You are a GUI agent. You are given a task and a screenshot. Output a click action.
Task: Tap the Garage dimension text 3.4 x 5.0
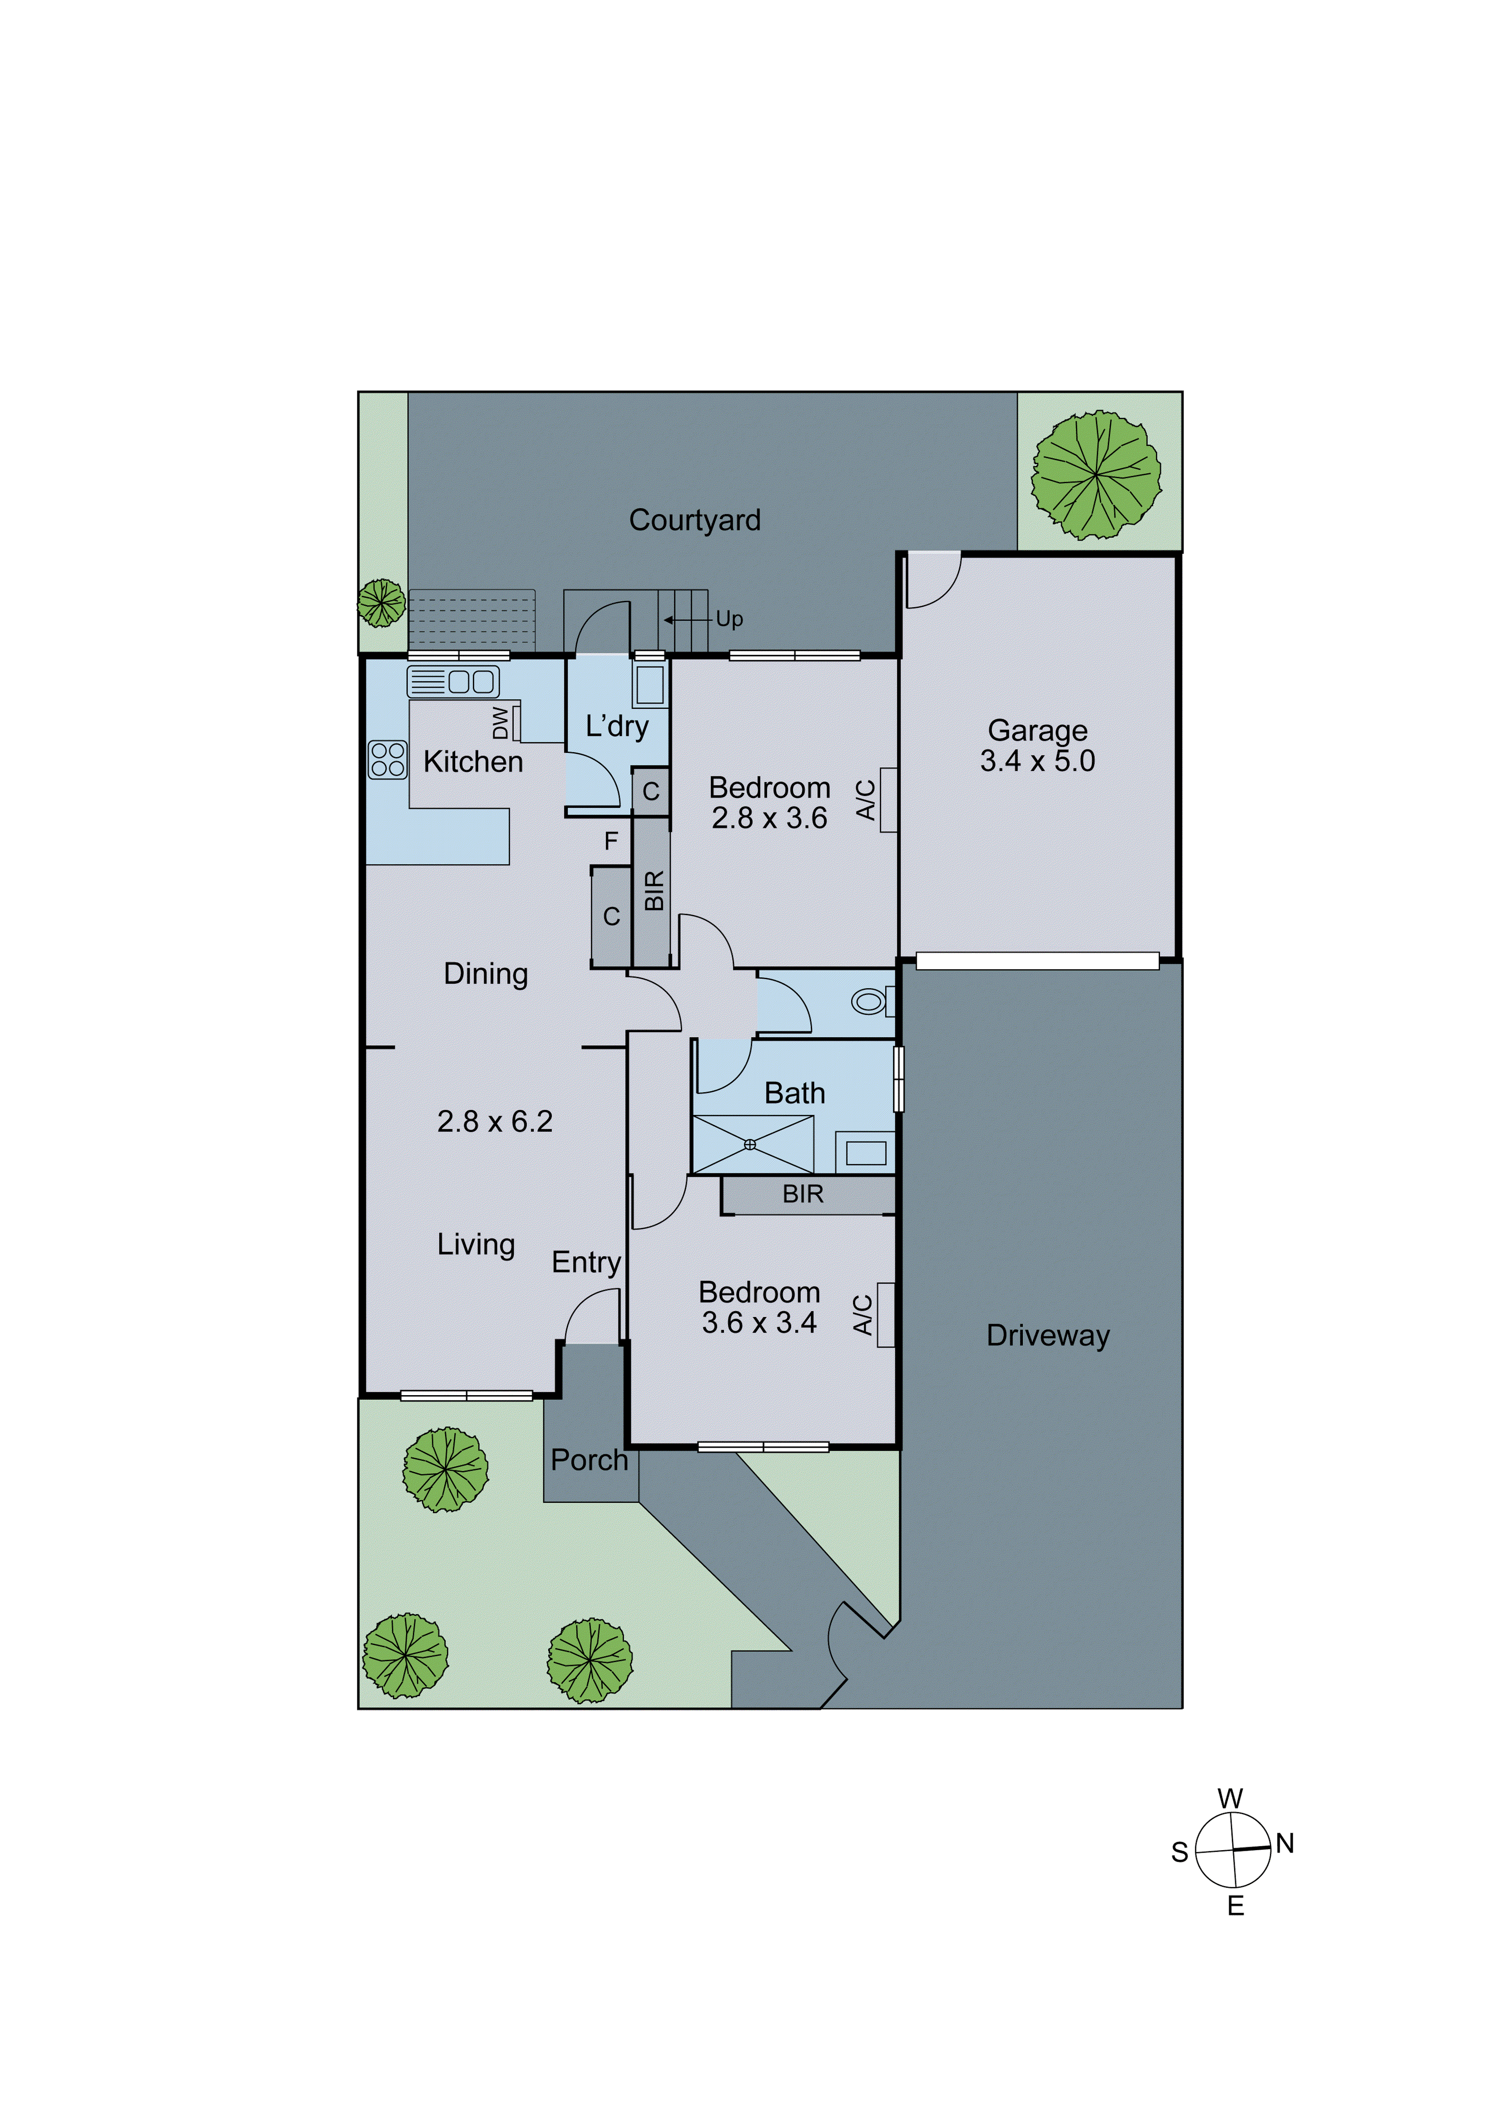[x=1037, y=761]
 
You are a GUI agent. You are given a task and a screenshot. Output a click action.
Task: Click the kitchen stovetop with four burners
[x=388, y=759]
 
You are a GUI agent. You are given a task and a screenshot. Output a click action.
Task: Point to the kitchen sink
[x=454, y=682]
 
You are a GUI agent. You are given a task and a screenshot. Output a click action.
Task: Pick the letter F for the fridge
[x=611, y=841]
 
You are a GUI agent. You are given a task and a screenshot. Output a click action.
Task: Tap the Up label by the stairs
[x=729, y=619]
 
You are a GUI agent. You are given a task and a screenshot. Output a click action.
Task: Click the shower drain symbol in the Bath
[x=749, y=1144]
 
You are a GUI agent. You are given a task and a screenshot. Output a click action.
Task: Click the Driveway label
[x=1047, y=1335]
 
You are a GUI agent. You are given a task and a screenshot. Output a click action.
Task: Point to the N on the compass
[x=1285, y=1844]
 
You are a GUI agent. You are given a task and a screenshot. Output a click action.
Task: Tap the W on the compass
[x=1230, y=1799]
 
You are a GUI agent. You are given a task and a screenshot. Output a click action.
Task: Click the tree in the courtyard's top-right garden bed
[x=1096, y=475]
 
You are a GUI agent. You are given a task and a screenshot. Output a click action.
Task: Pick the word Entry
[x=586, y=1262]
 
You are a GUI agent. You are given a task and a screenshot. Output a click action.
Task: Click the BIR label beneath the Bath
[x=803, y=1194]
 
